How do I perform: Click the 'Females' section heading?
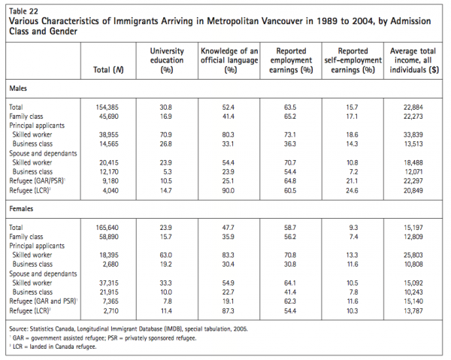click(x=23, y=210)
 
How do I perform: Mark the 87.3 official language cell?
click(x=229, y=310)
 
